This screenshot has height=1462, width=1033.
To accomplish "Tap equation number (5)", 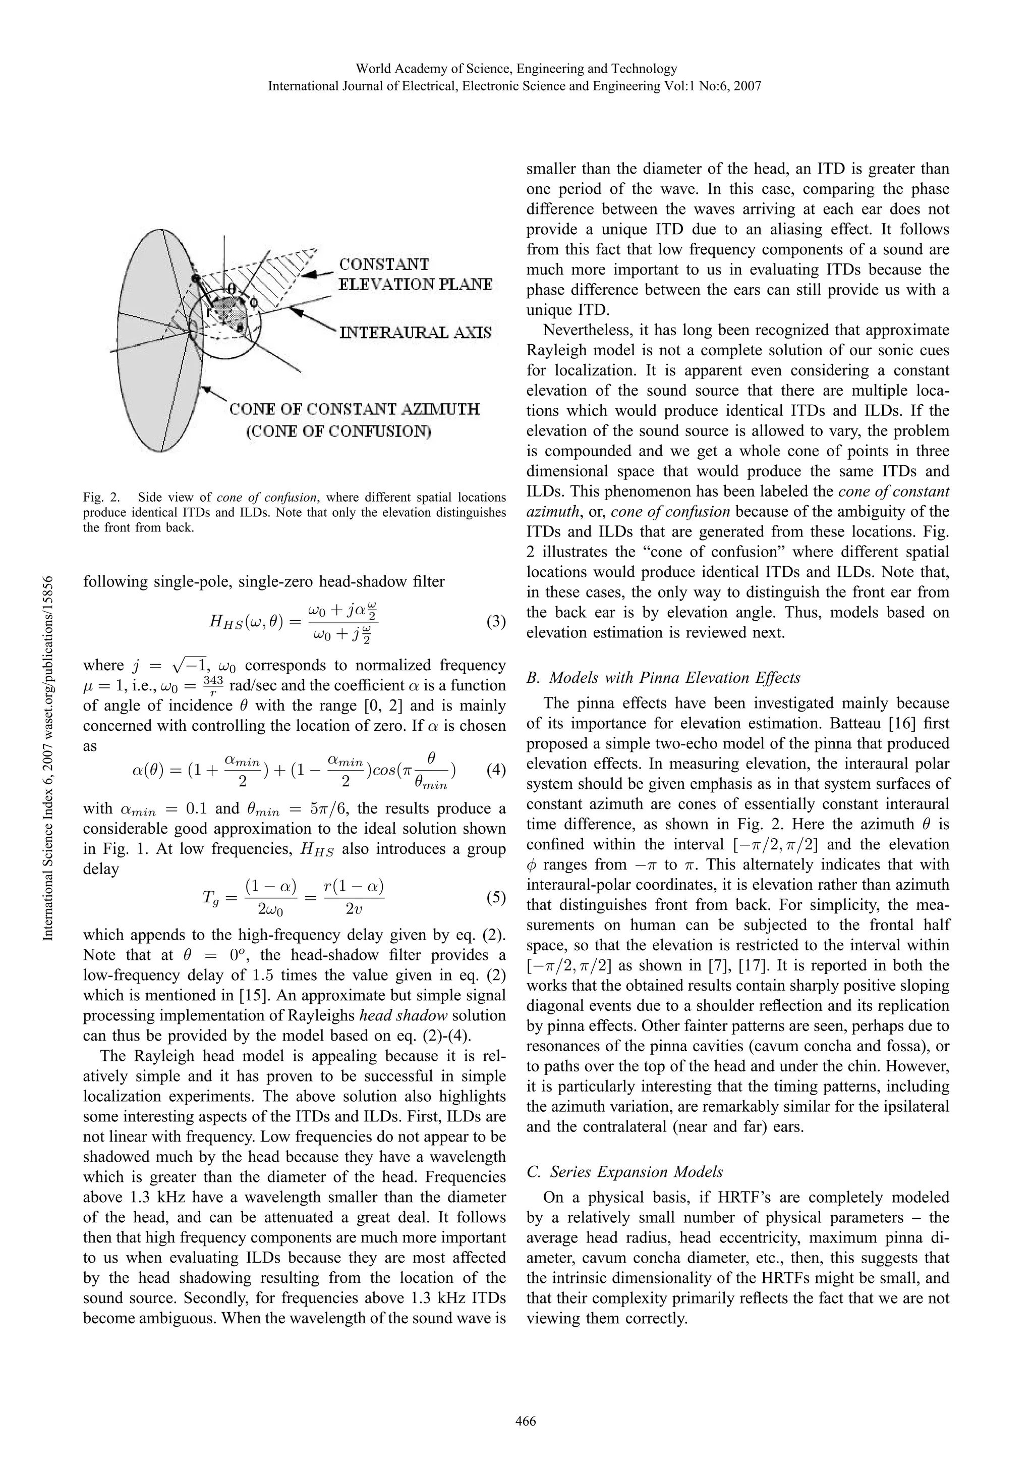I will point(495,898).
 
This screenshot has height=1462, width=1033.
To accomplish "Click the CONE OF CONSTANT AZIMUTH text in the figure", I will point(355,409).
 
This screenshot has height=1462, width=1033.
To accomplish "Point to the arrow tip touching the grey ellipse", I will point(202,387).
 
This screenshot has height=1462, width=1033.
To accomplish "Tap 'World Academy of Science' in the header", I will point(433,68).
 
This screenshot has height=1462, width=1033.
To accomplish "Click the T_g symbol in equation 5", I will point(210,898).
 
